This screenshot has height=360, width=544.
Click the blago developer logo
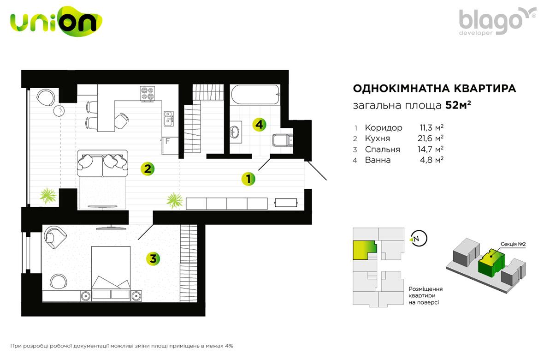(497, 21)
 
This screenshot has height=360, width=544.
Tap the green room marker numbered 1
(248, 179)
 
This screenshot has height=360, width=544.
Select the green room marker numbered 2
(148, 169)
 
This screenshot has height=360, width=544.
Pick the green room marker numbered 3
(153, 258)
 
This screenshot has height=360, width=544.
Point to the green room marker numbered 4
(260, 125)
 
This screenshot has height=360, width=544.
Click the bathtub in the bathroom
(255, 95)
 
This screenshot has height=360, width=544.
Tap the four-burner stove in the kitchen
(148, 93)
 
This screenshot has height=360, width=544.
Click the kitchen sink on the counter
(169, 119)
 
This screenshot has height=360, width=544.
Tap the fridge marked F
(170, 145)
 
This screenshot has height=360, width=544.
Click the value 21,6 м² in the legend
(431, 138)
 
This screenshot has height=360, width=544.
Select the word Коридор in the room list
(384, 128)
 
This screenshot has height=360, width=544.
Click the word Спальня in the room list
(382, 150)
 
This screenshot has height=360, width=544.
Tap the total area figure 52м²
(458, 105)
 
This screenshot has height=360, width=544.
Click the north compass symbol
(418, 239)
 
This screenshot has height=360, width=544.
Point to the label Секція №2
(513, 244)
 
